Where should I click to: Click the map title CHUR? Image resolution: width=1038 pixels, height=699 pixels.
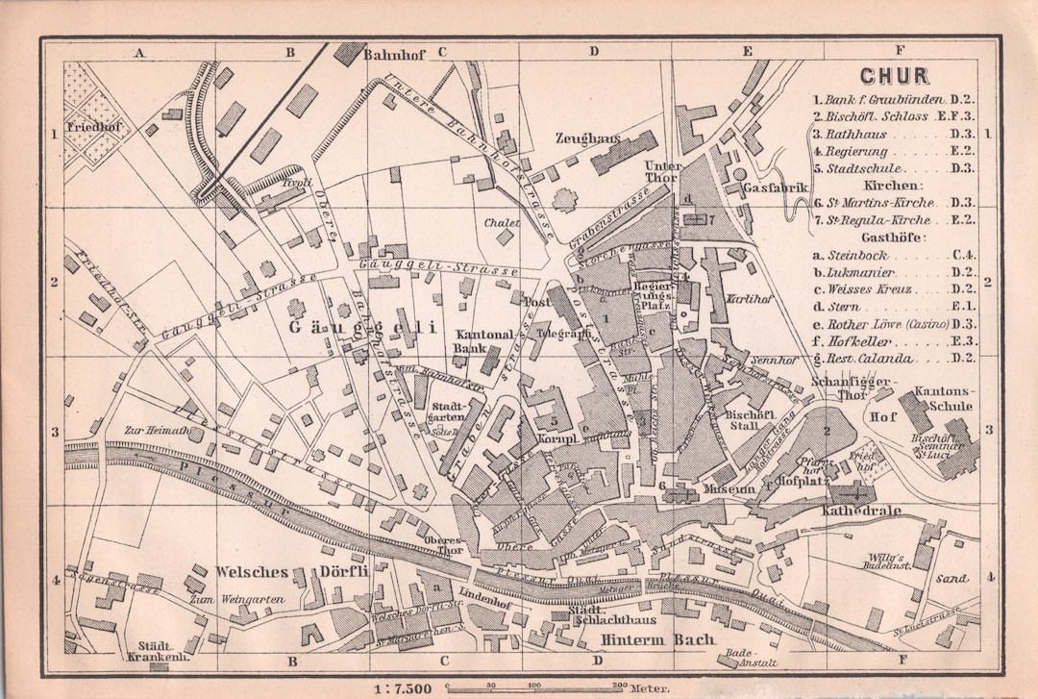point(894,76)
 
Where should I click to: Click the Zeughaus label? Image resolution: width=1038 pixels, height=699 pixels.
point(586,138)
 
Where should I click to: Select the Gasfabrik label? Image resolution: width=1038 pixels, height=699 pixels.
point(776,188)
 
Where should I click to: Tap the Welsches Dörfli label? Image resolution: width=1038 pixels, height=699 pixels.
point(284,572)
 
